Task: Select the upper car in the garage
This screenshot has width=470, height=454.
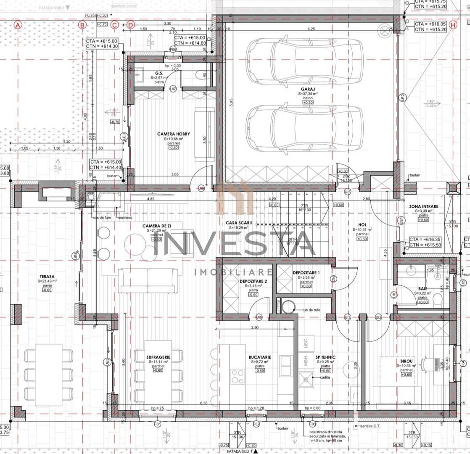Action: coord(305,61)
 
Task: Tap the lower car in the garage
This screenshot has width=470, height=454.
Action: coord(305,128)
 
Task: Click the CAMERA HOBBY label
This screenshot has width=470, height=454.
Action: coord(174,134)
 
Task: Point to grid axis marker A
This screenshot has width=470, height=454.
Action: coord(18,25)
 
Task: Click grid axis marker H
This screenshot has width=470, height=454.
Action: coord(453,25)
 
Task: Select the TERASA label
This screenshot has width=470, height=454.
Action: coord(47,277)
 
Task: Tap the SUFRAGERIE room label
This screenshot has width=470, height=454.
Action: coord(158,357)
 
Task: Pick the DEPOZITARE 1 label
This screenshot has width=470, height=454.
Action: coord(306,273)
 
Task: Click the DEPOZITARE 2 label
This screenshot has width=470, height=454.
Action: coord(253,281)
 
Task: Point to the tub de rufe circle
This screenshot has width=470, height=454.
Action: coord(289,307)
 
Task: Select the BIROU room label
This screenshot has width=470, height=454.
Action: coord(407,361)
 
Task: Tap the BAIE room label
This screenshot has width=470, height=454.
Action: coord(422,289)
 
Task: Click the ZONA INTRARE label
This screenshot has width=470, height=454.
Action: coord(423,206)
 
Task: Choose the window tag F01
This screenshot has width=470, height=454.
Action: coord(158,424)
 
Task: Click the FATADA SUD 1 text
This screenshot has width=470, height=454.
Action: coord(238,451)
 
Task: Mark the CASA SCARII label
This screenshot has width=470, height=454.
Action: coord(238,222)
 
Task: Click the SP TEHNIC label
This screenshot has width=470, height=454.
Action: coord(325,357)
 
